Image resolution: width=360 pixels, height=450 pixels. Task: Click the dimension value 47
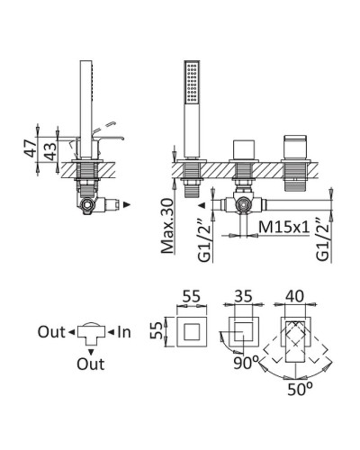pyautogui.click(x=30, y=148)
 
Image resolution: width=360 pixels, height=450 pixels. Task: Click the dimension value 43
pyautogui.click(x=50, y=151)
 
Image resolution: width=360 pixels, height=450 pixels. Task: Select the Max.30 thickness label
pyautogui.click(x=167, y=226)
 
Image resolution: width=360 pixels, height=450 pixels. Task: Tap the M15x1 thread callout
pyautogui.click(x=283, y=227)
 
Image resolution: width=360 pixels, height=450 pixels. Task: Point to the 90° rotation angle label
pyautogui.click(x=246, y=364)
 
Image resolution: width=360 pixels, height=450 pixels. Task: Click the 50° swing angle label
pyautogui.click(x=300, y=389)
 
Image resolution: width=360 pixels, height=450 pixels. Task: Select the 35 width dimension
pyautogui.click(x=243, y=296)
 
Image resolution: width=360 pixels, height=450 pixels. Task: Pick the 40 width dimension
pyautogui.click(x=294, y=296)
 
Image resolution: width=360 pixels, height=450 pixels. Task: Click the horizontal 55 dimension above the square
pyautogui.click(x=192, y=296)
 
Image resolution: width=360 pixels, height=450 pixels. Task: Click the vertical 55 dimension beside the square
pyautogui.click(x=157, y=331)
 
